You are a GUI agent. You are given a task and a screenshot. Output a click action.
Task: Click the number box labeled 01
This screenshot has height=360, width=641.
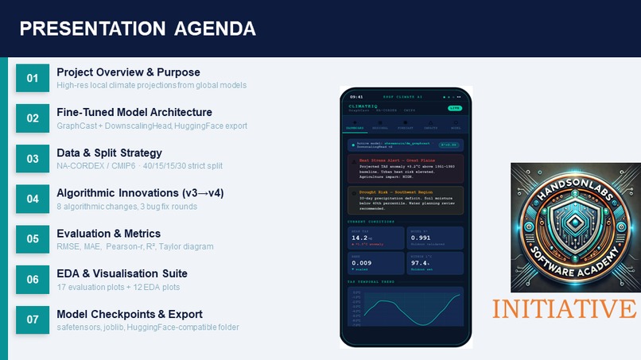(x=33, y=78)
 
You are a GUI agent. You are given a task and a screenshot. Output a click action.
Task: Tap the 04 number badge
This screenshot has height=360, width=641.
(x=33, y=199)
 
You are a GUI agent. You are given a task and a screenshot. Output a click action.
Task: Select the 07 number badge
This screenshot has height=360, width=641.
(x=33, y=319)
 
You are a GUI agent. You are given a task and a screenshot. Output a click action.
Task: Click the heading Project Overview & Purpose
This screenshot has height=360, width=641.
(x=128, y=72)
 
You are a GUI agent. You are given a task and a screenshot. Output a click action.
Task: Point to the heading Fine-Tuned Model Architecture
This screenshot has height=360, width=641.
(x=134, y=112)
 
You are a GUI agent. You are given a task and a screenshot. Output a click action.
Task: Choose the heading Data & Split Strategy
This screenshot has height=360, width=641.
(x=109, y=153)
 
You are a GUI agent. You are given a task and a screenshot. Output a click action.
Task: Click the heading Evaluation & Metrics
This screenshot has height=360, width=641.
(x=108, y=233)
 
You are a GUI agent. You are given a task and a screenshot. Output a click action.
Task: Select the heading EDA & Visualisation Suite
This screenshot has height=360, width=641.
(x=122, y=273)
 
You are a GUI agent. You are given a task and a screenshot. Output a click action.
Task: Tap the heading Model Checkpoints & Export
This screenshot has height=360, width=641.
(x=130, y=314)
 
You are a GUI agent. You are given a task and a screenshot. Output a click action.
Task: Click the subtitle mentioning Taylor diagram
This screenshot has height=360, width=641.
(x=135, y=246)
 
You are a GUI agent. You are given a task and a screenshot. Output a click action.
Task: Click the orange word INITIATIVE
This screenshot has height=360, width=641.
(x=564, y=308)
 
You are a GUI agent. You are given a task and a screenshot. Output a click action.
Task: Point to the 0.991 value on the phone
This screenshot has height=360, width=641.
(x=420, y=237)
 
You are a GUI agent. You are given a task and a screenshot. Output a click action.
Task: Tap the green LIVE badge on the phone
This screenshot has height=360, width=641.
(x=454, y=107)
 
